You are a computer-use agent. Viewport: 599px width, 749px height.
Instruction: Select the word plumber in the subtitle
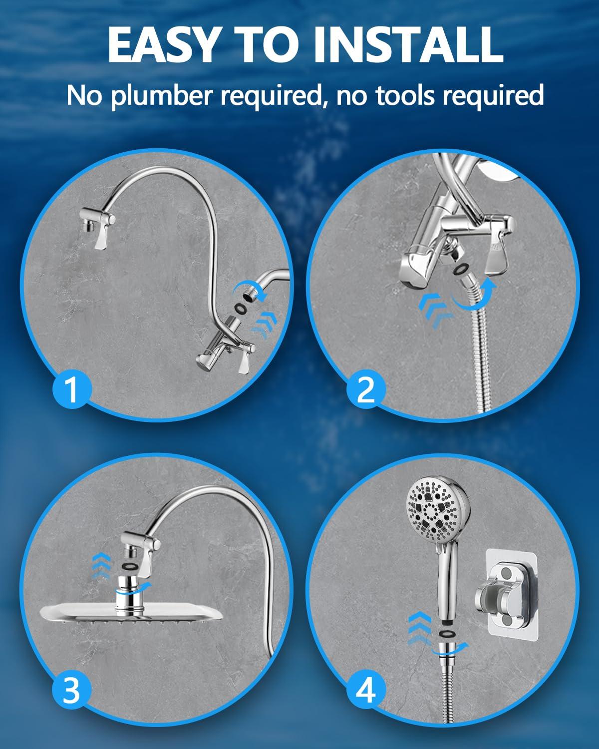tap(164, 95)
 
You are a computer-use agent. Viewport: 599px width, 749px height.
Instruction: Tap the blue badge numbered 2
tap(366, 389)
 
